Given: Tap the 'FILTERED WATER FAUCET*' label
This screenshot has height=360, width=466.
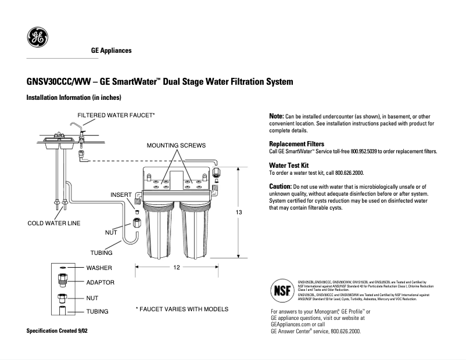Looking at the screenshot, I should click(116, 116).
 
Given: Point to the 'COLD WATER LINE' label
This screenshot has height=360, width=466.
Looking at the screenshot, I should click(54, 223).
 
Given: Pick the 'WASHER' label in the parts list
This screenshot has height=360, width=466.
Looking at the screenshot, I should click(99, 268).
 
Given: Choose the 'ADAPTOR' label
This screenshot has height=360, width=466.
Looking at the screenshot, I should click(101, 283).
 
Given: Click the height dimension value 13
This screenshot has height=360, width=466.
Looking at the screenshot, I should click(238, 213).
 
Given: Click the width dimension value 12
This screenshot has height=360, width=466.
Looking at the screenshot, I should click(177, 267).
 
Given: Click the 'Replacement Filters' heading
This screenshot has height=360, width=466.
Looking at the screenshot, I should click(296, 143).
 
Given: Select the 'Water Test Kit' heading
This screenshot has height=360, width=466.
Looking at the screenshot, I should click(289, 165).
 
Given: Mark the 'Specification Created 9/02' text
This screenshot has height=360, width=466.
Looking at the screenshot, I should click(59, 330).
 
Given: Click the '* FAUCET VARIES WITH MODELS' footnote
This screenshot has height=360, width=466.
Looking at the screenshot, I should click(182, 309).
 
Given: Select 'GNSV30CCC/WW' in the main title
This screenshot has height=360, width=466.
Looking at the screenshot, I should click(58, 82).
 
